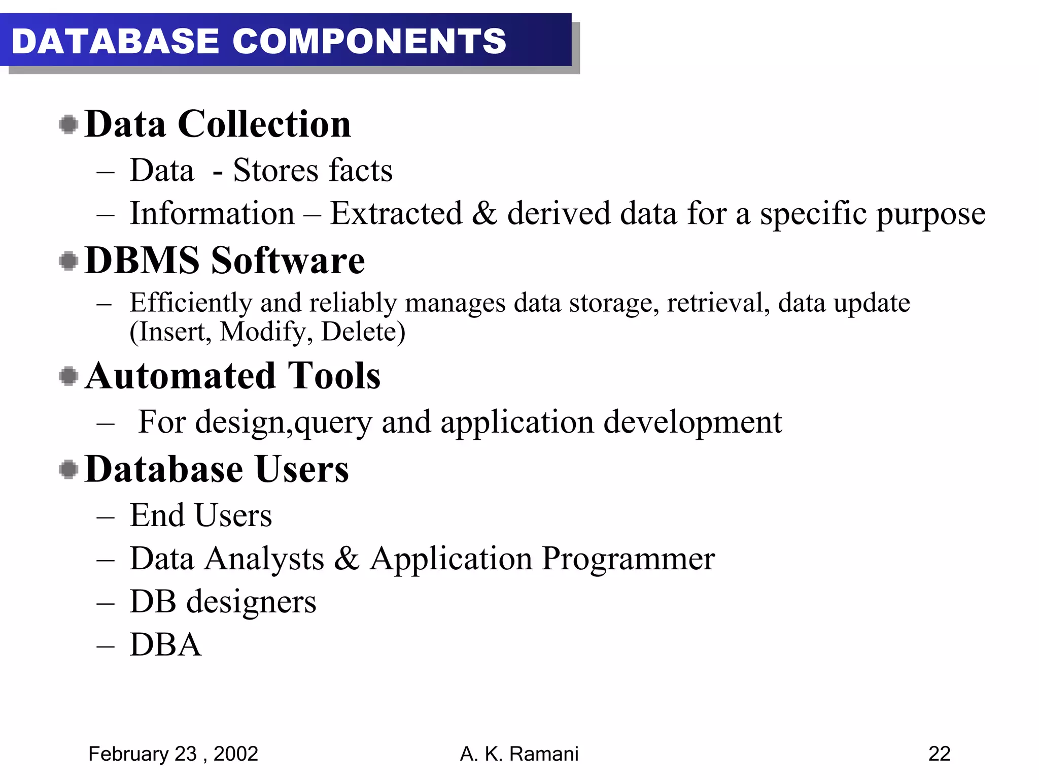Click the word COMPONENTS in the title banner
pyautogui.click(x=369, y=41)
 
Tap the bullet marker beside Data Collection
pyautogui.click(x=68, y=124)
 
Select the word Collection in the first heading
pyautogui.click(x=264, y=124)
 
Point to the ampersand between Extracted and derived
pyautogui.click(x=484, y=213)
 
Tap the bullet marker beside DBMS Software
pyautogui.click(x=68, y=261)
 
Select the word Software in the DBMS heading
pyautogui.click(x=288, y=260)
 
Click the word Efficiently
pyautogui.click(x=191, y=303)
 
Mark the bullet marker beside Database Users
pyautogui.click(x=68, y=469)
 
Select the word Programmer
pyautogui.click(x=628, y=559)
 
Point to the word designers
pyautogui.click(x=251, y=602)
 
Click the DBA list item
pyautogui.click(x=165, y=645)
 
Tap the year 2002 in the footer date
pyautogui.click(x=236, y=754)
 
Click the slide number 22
pyautogui.click(x=939, y=754)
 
